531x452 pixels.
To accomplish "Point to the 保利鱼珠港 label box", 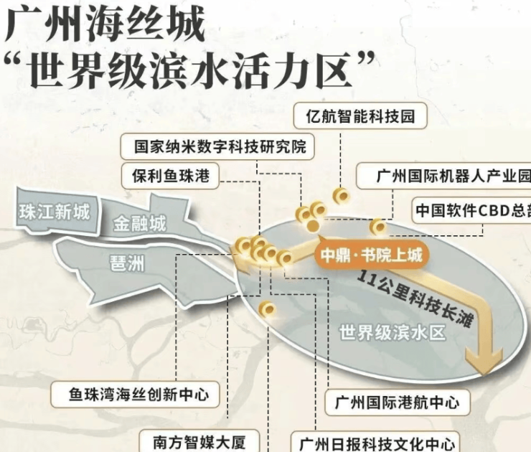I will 171,175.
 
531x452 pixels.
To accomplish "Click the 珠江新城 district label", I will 55,212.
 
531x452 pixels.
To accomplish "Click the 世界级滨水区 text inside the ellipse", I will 393,332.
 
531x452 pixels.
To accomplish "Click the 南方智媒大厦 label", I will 190,440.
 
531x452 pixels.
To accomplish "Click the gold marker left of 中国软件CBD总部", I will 377,227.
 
